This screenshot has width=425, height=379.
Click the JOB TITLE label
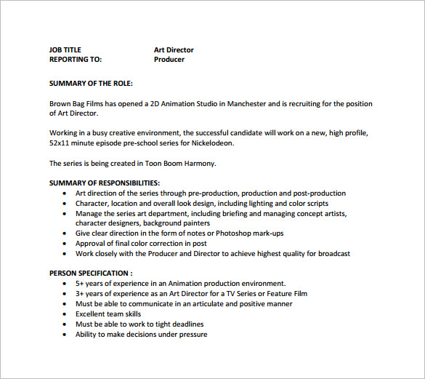(65, 50)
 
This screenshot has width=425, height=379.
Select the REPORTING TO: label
(76, 60)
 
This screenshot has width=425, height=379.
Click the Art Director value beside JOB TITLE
(174, 50)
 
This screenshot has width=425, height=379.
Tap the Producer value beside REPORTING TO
(169, 60)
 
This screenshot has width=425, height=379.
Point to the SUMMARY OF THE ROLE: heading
(91, 84)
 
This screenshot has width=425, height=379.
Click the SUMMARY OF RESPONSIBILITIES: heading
(105, 183)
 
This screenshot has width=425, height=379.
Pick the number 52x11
(61, 143)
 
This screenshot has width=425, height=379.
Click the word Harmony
(200, 163)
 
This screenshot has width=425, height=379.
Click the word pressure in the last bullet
(192, 335)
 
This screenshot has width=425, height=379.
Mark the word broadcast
(332, 254)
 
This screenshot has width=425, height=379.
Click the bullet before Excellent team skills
(65, 314)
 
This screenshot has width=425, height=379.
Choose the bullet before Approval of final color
(65, 244)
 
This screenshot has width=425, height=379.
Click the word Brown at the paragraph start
(60, 104)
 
